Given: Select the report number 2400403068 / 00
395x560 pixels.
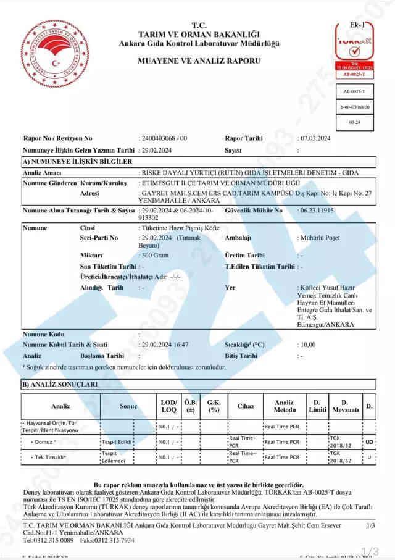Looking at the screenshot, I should click(x=164, y=138).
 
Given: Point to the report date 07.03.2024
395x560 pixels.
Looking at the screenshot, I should click(x=314, y=138).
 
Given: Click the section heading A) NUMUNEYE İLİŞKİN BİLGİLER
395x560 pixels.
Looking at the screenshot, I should click(x=77, y=161).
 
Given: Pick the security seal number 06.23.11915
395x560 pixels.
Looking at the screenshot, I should click(x=316, y=211).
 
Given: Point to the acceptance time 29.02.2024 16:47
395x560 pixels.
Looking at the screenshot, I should click(x=165, y=344).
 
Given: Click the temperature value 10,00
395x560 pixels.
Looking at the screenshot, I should click(x=307, y=344).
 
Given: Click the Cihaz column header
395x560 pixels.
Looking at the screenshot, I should click(x=245, y=406).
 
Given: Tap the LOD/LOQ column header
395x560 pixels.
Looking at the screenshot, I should click(x=168, y=406).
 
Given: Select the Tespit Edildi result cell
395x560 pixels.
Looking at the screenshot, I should click(x=116, y=442).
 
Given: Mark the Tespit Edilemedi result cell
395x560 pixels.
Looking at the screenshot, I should click(x=116, y=457).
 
